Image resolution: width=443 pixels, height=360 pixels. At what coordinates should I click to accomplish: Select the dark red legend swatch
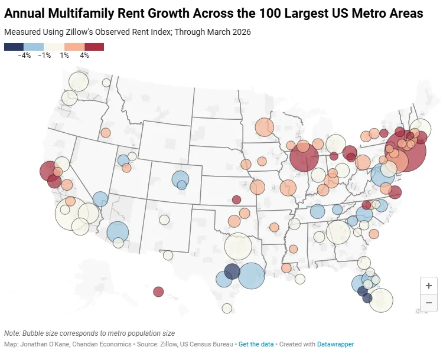(94, 47)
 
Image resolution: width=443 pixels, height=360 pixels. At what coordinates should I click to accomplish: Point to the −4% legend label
(24, 55)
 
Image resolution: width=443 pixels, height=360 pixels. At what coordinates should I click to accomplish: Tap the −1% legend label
(44, 55)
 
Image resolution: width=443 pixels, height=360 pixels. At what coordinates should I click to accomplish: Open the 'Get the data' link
(256, 344)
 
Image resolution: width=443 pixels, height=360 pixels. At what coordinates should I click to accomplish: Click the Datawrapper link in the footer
(335, 344)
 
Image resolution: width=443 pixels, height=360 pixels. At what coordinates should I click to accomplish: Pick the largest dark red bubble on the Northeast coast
(406, 151)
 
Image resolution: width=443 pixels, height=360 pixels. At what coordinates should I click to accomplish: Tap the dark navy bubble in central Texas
(232, 271)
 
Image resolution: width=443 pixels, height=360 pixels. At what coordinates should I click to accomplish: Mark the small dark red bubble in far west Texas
(158, 292)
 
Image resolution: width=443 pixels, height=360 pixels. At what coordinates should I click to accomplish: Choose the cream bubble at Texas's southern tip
(227, 308)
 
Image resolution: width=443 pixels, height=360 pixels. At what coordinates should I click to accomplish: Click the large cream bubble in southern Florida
(381, 299)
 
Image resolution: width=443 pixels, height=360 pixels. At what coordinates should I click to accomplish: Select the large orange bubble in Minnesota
(265, 127)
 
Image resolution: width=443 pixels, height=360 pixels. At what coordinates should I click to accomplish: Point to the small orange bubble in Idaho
(105, 133)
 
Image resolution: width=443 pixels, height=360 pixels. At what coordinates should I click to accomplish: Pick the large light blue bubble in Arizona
(118, 232)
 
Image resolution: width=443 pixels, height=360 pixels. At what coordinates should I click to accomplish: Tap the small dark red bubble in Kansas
(236, 199)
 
